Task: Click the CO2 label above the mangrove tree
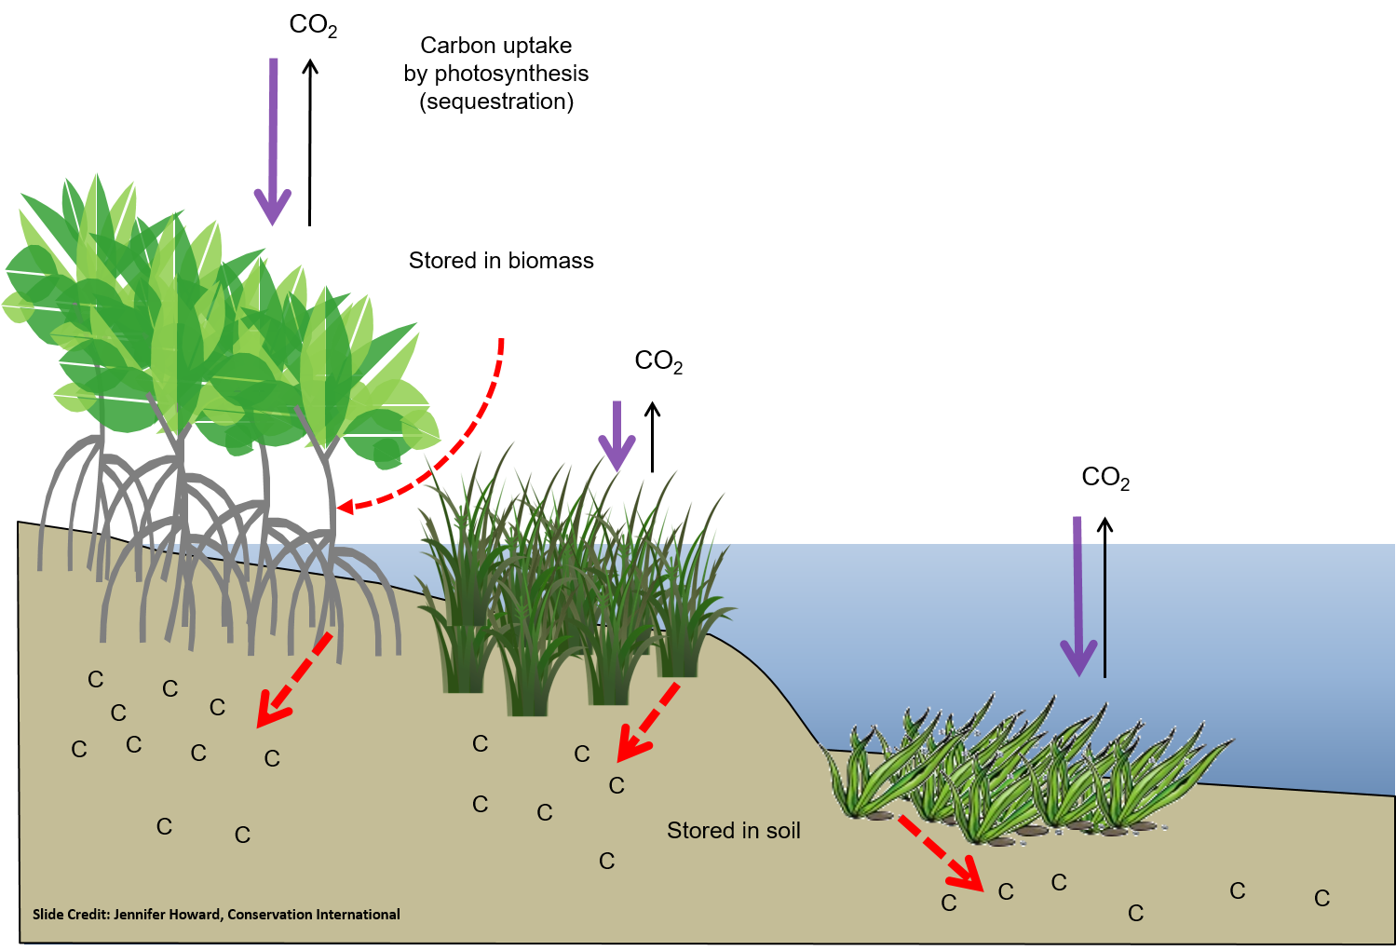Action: (x=313, y=26)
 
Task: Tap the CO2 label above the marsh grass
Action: (x=658, y=361)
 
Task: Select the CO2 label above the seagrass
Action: (x=1105, y=478)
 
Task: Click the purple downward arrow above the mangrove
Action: (x=273, y=142)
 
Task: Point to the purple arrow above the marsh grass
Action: (x=617, y=436)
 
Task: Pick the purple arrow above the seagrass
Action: (x=1078, y=596)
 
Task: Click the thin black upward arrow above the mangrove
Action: (x=310, y=143)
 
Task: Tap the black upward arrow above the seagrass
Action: (x=1105, y=597)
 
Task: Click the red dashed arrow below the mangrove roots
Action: (x=294, y=680)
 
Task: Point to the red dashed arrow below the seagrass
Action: (x=941, y=853)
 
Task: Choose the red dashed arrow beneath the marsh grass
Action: (x=647, y=722)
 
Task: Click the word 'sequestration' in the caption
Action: (x=496, y=101)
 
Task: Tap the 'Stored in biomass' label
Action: (x=501, y=261)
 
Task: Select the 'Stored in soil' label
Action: (x=734, y=830)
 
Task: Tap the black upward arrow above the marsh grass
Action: (x=653, y=437)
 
